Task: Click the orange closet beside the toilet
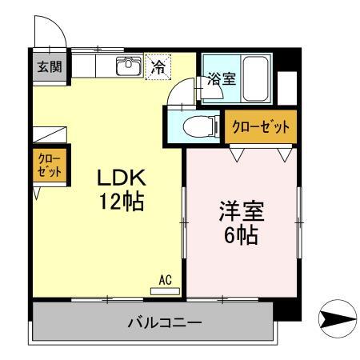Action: [260, 126]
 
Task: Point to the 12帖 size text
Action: [120, 202]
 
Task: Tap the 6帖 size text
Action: [241, 238]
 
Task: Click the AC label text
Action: [166, 279]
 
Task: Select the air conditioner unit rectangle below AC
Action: [166, 290]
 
